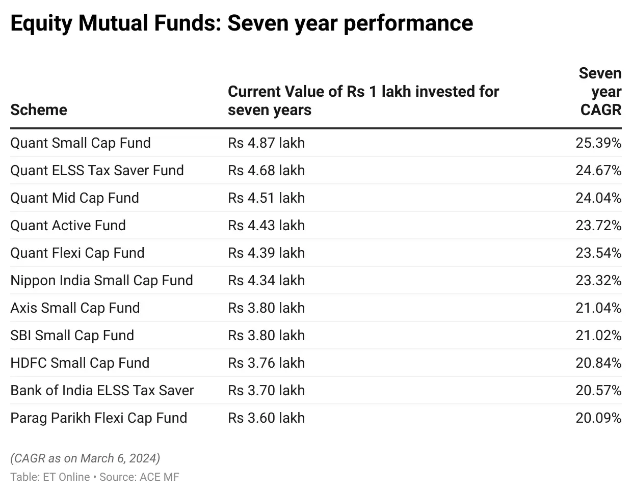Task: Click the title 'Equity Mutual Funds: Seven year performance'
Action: [x=242, y=23]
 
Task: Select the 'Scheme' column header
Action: [x=39, y=109]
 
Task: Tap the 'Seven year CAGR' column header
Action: [x=600, y=92]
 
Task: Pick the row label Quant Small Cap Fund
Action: [x=81, y=143]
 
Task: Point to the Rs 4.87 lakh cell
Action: [x=266, y=143]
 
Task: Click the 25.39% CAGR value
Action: [x=598, y=143]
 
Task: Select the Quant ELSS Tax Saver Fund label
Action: [x=97, y=171]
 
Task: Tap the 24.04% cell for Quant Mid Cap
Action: [x=598, y=198]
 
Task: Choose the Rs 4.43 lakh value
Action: [x=266, y=226]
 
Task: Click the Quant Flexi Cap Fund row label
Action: [x=77, y=253]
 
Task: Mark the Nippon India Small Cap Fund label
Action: [x=101, y=281]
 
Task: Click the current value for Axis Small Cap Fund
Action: [x=266, y=308]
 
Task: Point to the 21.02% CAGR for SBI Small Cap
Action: [x=598, y=336]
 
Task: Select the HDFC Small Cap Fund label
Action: [x=80, y=363]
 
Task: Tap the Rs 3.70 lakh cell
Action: [x=266, y=391]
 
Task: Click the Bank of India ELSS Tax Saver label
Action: [x=102, y=391]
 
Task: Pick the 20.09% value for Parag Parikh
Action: [x=598, y=418]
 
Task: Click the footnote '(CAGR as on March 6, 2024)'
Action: [x=85, y=458]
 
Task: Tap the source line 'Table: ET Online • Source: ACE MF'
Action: [x=95, y=477]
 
